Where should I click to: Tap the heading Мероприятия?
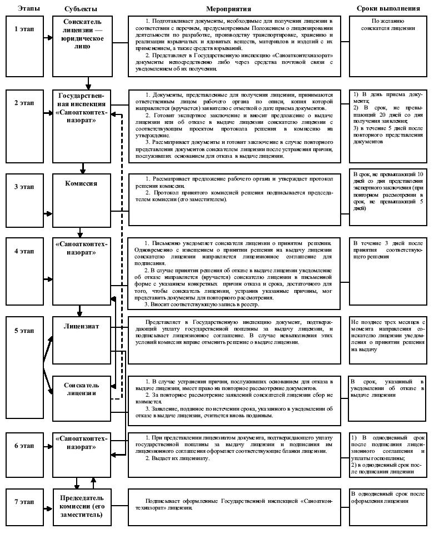click(228, 9)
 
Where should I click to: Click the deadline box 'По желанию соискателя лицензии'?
click(388, 42)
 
